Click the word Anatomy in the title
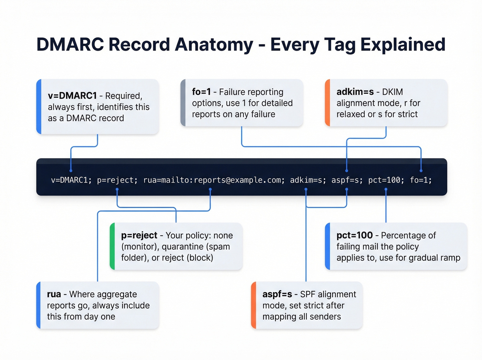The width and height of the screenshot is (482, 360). coord(214,45)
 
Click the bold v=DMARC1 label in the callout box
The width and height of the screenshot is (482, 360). coord(72,96)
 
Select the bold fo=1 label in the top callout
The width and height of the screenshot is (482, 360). coord(201,92)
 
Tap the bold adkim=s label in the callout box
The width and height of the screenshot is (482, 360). coord(355,92)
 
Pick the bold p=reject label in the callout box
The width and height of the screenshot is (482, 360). coord(139,236)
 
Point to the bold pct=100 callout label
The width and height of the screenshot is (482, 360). coord(354,236)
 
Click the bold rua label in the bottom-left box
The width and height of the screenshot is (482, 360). coord(54,295)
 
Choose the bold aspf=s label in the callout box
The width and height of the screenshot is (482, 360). coord(277,295)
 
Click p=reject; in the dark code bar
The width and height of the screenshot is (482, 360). coord(117,180)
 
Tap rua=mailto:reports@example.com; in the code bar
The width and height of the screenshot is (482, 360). coord(214,180)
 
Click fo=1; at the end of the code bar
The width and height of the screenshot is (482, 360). coord(420,180)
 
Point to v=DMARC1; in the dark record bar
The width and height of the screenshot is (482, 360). coord(71,180)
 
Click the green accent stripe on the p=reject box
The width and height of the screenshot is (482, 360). coord(112,246)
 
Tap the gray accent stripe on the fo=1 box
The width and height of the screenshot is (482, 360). coord(183,103)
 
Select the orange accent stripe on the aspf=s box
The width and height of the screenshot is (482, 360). coord(253,305)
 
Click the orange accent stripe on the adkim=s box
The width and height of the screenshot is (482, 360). coord(327,103)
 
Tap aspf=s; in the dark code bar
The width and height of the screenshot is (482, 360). coord(347,180)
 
